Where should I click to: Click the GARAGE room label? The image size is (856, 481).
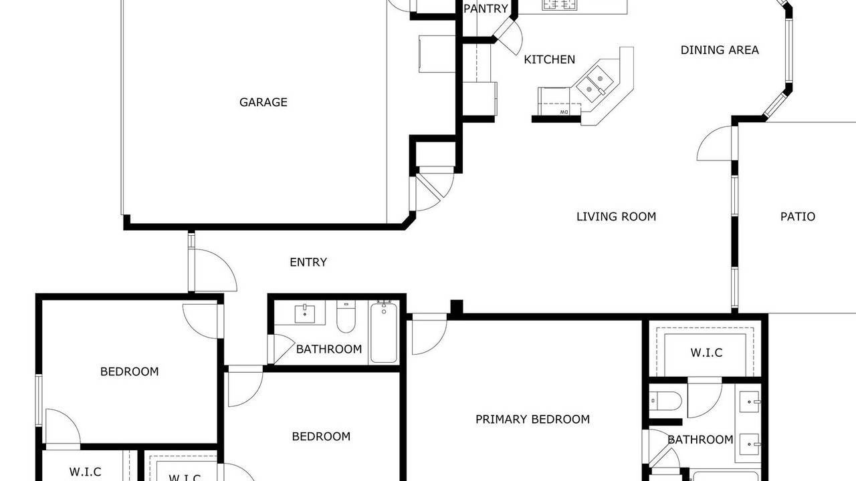[x=263, y=102]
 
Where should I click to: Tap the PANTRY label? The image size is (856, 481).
[x=486, y=9]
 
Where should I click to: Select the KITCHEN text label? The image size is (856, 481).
[x=549, y=59]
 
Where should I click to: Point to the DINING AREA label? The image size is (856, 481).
[x=720, y=50]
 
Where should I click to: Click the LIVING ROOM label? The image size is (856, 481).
[x=616, y=217]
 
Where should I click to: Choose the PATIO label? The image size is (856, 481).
[x=798, y=217]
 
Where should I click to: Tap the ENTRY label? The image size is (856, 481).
[x=308, y=263]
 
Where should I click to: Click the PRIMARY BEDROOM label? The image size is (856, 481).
[x=532, y=420]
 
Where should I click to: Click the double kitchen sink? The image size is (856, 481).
[x=595, y=85]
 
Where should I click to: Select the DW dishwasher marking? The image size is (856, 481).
[x=564, y=112]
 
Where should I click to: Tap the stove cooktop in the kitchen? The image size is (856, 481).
[x=559, y=5]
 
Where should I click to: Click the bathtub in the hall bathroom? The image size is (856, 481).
[x=384, y=331]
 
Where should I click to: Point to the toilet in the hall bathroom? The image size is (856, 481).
[x=346, y=316]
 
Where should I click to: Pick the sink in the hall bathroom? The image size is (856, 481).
[x=304, y=314]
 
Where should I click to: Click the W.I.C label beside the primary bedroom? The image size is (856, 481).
[x=706, y=353]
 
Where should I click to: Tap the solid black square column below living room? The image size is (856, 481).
[x=457, y=307]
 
